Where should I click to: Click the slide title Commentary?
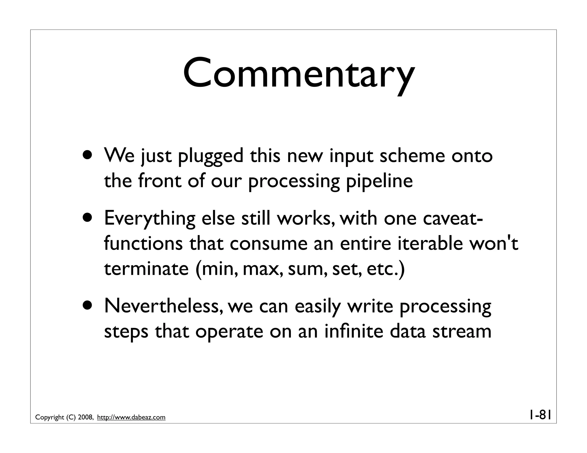click(x=299, y=73)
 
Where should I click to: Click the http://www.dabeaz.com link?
click(x=131, y=417)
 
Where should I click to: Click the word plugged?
click(x=211, y=157)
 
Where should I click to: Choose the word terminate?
click(x=146, y=269)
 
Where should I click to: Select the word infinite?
click(x=354, y=331)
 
